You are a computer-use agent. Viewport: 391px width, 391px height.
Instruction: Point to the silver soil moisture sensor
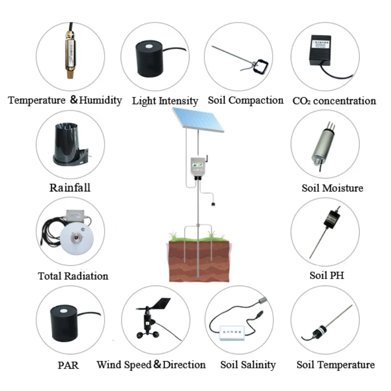322,144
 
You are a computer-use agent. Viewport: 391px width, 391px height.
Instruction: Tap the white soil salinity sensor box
233,332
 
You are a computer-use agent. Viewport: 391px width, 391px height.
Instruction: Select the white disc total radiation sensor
76,239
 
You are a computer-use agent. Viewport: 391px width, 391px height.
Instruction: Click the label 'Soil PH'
326,275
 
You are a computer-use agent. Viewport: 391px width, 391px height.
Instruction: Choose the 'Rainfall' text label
70,188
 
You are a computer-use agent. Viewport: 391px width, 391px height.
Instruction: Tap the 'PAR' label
68,365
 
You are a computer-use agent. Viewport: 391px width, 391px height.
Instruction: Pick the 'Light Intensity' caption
165,101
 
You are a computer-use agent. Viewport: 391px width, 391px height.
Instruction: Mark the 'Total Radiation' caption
73,276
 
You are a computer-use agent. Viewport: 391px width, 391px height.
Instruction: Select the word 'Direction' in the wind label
184,365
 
